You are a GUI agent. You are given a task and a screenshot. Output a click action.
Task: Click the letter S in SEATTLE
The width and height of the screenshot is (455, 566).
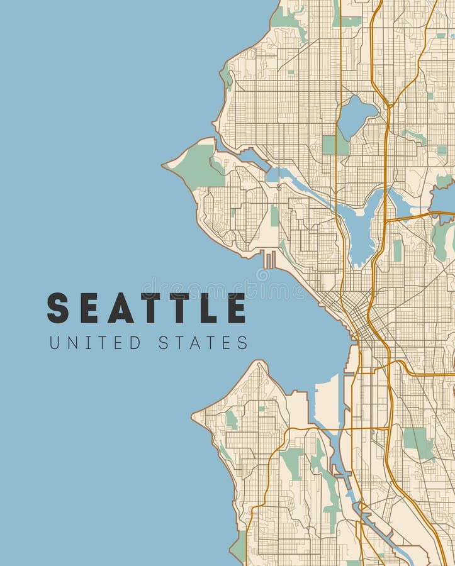58,308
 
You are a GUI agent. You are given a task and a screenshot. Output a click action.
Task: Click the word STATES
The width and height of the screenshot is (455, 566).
203,343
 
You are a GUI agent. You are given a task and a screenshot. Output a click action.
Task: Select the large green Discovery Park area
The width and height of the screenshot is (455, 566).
197,165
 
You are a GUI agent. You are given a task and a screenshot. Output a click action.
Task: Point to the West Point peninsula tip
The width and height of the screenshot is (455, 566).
165,167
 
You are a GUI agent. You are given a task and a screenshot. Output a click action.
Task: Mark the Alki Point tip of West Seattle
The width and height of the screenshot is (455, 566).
194,415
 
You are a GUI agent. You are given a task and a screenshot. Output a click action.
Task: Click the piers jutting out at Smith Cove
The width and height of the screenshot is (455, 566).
269,259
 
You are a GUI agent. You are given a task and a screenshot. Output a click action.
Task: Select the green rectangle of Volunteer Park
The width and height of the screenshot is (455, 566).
397,249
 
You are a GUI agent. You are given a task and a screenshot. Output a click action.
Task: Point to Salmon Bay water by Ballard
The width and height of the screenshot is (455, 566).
252,157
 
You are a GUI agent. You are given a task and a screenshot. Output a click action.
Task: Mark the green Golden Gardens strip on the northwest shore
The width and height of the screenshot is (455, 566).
226,75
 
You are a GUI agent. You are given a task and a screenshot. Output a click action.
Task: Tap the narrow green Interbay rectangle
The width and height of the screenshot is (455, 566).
274,216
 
